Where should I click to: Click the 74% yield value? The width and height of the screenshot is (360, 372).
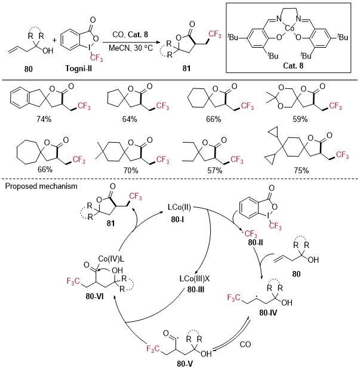(44, 119)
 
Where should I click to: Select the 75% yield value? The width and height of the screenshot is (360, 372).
(301, 170)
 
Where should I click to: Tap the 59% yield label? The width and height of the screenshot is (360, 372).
(300, 119)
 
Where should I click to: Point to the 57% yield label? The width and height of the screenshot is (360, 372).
(214, 170)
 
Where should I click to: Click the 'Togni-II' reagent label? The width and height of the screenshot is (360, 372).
(78, 69)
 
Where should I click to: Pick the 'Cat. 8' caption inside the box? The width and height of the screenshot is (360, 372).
(293, 65)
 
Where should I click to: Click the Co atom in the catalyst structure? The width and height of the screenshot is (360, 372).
(289, 28)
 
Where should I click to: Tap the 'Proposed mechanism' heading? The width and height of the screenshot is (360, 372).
(41, 186)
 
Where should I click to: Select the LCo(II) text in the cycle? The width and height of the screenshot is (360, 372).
(179, 207)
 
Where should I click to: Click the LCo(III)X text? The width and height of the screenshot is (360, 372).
(195, 278)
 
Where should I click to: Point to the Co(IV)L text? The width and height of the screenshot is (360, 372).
(111, 259)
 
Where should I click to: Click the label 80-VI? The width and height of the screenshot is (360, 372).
(94, 296)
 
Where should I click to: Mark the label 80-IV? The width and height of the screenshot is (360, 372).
(268, 313)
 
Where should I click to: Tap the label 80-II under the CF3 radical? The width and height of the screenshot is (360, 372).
(256, 242)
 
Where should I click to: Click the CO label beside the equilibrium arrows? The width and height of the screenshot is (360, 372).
(245, 345)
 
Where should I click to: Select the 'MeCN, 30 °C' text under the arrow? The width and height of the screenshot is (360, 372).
(131, 48)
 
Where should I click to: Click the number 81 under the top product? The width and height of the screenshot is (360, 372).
(186, 68)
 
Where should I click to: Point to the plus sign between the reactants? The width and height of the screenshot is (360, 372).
(55, 40)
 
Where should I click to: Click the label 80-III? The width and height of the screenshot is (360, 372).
(196, 290)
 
